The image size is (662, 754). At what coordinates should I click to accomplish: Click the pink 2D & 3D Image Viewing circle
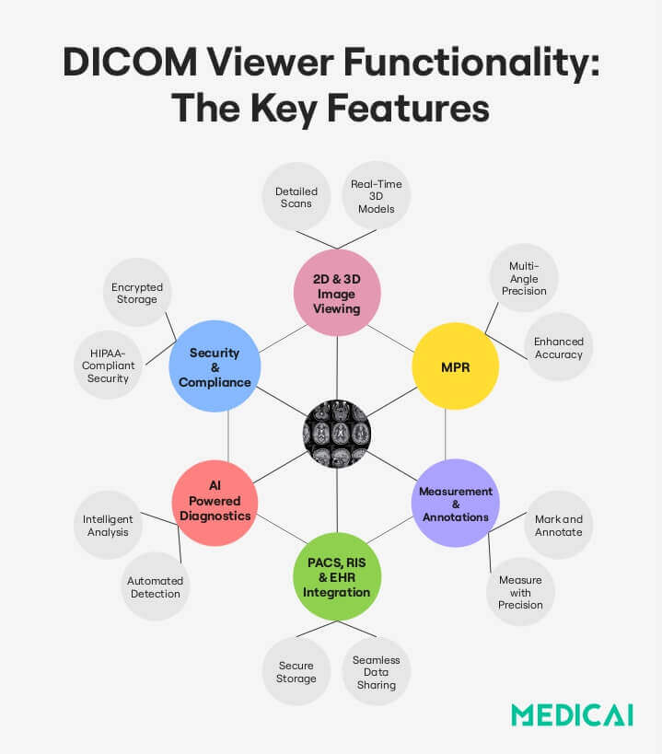point(337,292)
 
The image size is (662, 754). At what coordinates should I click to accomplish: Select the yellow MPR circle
point(455,365)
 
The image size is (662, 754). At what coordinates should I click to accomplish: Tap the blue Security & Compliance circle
point(215,365)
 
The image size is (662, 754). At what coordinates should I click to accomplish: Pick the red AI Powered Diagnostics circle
point(215,503)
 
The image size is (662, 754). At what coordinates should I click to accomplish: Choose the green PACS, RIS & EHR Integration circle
point(337,576)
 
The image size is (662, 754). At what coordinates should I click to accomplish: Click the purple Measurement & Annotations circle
point(455,503)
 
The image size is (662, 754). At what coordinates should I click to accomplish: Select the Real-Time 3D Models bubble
point(376,196)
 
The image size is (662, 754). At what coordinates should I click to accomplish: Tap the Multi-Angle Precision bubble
point(524,278)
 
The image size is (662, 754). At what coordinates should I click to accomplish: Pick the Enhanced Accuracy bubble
point(558,347)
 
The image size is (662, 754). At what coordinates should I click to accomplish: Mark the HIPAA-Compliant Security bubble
point(109,365)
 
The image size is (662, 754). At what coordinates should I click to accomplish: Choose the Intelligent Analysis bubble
point(108,525)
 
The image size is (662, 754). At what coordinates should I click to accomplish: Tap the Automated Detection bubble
point(155,586)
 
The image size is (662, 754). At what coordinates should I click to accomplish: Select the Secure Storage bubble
point(296,672)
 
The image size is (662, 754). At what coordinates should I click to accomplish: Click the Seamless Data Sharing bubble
point(376,672)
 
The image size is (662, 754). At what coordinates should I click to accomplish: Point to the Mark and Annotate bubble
point(558,525)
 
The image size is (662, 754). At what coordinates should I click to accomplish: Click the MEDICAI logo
point(571,714)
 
